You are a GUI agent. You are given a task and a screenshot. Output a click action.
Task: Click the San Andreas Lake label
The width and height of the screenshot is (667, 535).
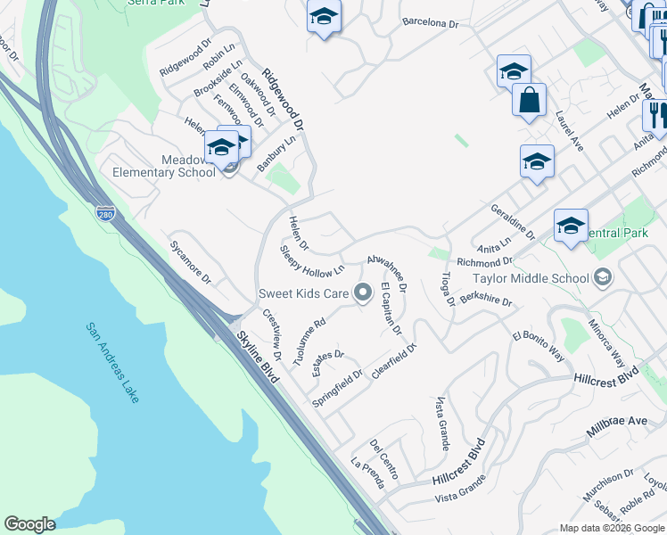[112, 362]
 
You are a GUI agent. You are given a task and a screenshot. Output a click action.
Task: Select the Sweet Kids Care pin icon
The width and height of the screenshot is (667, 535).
[362, 292]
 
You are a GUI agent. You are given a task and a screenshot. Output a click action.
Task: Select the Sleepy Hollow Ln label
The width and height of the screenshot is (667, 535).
[312, 260]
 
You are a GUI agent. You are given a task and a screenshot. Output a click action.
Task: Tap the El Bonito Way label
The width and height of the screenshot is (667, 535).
[539, 347]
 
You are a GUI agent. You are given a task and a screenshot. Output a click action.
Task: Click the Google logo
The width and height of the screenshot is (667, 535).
[29, 524]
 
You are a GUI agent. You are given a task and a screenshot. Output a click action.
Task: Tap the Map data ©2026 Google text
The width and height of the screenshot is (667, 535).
[612, 528]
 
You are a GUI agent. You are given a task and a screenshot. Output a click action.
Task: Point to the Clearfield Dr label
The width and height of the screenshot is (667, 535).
[394, 359]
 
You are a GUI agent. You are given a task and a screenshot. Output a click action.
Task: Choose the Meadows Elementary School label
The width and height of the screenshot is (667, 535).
[164, 166]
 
